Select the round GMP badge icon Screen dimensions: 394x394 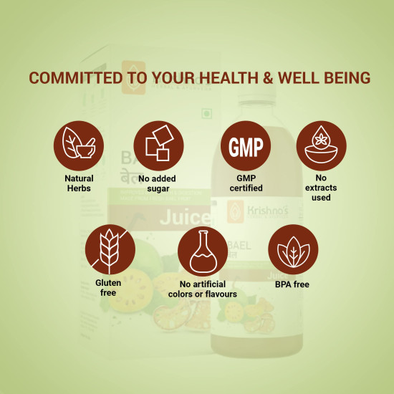point(245,145)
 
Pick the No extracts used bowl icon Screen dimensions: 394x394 point(321,145)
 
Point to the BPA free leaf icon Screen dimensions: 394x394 point(293,248)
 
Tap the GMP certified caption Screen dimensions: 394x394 point(245,183)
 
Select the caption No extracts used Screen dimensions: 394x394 point(321,187)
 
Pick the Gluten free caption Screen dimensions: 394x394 point(108,287)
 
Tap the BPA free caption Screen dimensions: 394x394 point(293,284)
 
